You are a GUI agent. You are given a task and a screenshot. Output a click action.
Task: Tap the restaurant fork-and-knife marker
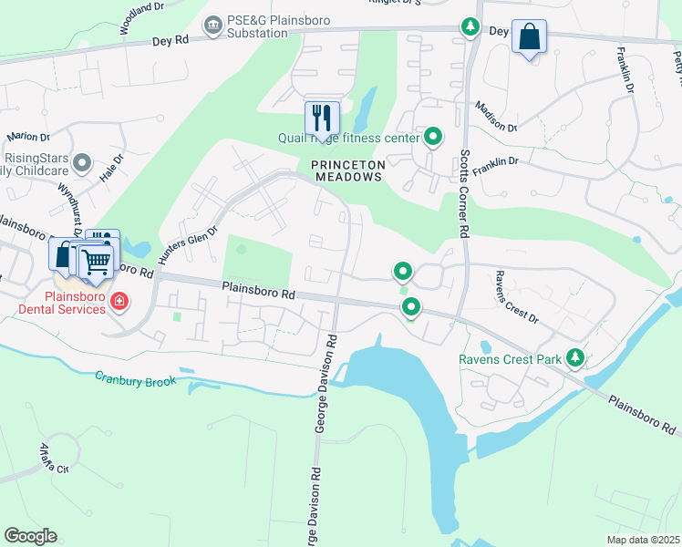(x=321, y=118)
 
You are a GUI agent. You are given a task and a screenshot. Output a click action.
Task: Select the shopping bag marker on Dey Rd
(x=529, y=37)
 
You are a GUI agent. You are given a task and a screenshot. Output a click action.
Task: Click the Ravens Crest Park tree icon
(x=574, y=358)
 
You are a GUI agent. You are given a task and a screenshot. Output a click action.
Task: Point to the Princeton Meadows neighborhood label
(x=347, y=170)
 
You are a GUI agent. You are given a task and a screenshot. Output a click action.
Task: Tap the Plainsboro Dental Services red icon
(x=119, y=300)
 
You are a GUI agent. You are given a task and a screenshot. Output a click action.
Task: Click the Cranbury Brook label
(x=136, y=379)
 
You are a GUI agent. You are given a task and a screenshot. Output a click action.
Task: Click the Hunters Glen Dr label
(x=189, y=245)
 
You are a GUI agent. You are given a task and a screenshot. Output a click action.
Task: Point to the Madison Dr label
(x=496, y=118)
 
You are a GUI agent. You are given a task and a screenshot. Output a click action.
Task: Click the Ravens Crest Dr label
(x=516, y=296)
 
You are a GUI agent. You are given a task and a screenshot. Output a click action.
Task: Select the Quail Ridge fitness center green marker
(x=433, y=138)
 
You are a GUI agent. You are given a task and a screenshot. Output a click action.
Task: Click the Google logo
(x=30, y=536)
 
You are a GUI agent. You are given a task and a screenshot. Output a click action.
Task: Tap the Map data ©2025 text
(x=643, y=540)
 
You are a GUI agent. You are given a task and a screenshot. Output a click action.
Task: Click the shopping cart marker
(x=96, y=262)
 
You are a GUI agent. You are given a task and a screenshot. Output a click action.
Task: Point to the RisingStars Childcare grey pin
(x=82, y=164)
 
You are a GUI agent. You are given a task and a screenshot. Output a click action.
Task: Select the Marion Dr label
(x=27, y=137)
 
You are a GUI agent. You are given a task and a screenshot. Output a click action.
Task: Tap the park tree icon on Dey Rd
(x=470, y=28)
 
